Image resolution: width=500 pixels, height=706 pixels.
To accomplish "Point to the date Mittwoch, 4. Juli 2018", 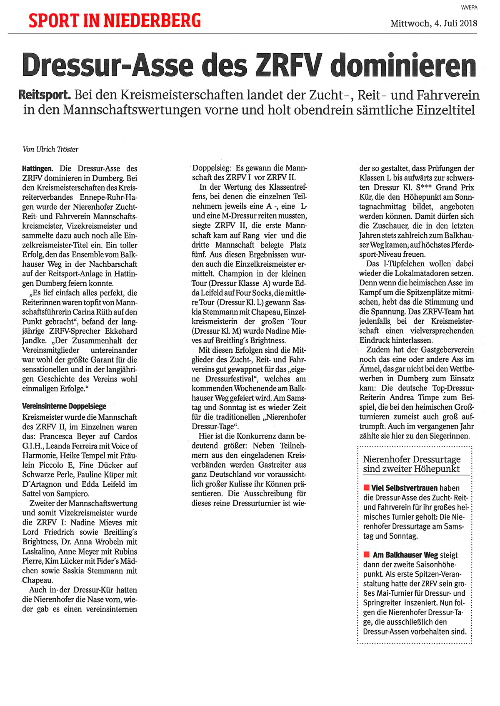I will pos(434,23).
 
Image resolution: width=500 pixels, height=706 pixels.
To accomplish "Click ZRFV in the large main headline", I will pos(290,66).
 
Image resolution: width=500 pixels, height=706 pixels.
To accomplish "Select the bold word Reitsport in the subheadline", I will pos(45,95).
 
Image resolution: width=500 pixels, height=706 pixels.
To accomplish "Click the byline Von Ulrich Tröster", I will pos(50,149).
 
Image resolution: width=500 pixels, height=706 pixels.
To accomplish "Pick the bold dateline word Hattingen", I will pos(37,169).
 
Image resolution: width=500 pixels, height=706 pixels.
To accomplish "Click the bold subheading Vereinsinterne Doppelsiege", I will pos(64,406).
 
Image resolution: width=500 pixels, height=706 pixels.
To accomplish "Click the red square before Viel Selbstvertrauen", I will pos(367,488).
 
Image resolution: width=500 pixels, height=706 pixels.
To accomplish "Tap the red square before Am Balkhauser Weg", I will pos(367,555).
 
